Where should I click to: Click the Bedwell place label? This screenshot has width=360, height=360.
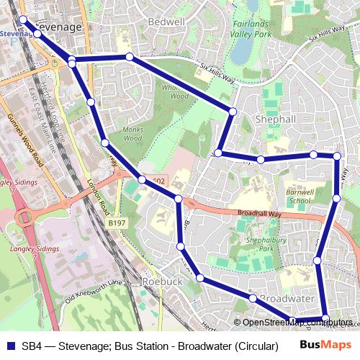coord(166,22)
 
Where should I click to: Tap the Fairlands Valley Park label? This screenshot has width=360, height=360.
coord(251,28)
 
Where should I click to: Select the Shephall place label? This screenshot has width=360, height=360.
coord(266,120)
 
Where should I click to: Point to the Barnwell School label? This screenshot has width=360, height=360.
coord(298,197)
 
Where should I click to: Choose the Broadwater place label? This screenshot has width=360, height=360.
coord(287,298)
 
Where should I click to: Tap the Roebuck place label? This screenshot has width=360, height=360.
coord(163,282)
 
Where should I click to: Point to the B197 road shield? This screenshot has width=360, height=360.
coord(117,224)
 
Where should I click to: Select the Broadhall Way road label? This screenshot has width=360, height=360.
coord(260,214)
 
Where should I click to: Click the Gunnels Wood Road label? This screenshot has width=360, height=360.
coord(26,140)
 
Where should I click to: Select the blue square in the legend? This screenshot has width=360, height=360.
coord(10,345)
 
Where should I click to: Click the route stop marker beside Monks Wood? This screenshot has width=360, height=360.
coord(106,143)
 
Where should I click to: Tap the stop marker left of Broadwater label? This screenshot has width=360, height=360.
coord(253,298)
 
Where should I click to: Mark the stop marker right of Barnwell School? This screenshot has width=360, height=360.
coord(336,198)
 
